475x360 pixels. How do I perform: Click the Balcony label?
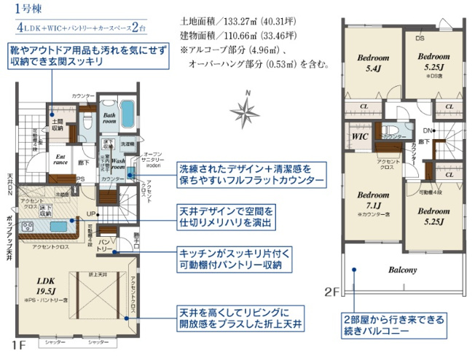pos(402,270)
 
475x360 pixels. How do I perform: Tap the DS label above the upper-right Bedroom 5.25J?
pos(420,38)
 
